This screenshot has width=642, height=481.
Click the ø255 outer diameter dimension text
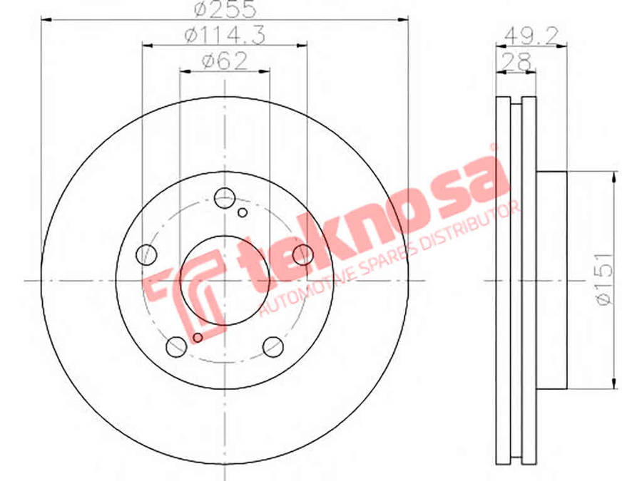[225, 9]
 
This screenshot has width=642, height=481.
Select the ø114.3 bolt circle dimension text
[225, 35]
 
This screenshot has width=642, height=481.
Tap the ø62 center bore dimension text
[225, 62]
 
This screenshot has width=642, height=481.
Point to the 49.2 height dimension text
[531, 36]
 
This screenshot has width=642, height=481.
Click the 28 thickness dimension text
[516, 62]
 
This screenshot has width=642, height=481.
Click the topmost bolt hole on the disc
[225, 198]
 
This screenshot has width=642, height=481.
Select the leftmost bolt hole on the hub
[146, 255]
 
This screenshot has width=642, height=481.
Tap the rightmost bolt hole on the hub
[303, 254]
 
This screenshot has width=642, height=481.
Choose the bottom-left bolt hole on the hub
[176, 347]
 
